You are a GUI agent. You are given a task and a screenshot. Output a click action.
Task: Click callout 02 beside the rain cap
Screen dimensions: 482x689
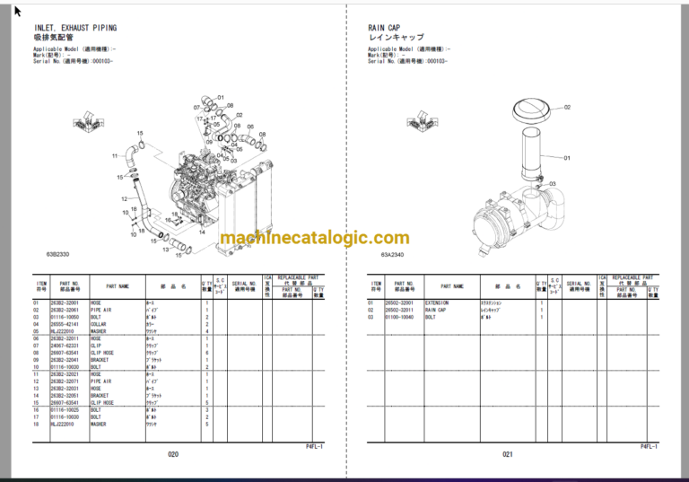pos(567,108)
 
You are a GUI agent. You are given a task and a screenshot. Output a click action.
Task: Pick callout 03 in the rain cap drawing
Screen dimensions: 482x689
pos(552,184)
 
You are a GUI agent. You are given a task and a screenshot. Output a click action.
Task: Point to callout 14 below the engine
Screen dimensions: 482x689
pos(203,233)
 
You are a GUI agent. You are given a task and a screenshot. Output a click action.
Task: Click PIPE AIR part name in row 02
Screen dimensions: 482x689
pos(101,311)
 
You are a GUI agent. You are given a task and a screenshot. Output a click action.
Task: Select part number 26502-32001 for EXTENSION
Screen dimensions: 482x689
pos(404,303)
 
